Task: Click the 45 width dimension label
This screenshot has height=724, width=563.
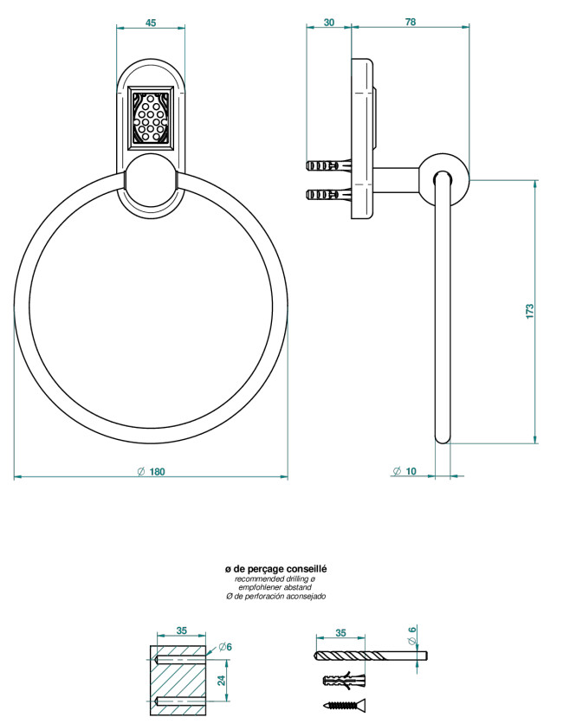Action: click(x=151, y=23)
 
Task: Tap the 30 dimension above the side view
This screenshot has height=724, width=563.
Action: click(x=329, y=23)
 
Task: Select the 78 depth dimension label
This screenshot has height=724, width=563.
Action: click(x=411, y=22)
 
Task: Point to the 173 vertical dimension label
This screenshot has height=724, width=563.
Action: click(x=529, y=311)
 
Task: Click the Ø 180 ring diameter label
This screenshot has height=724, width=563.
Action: click(x=151, y=471)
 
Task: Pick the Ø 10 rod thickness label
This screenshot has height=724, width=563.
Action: click(x=404, y=471)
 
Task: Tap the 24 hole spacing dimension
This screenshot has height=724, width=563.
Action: click(x=222, y=680)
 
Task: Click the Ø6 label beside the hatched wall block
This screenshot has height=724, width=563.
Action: click(x=225, y=647)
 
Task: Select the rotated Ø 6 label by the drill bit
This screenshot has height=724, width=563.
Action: click(x=412, y=636)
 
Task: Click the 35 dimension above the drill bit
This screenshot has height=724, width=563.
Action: click(x=340, y=633)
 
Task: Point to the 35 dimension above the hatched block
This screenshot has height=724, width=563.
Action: click(x=182, y=630)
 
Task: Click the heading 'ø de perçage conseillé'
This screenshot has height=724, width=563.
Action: click(x=275, y=569)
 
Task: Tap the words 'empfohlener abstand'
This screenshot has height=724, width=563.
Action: click(x=275, y=587)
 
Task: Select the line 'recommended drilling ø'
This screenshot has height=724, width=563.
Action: click(x=275, y=579)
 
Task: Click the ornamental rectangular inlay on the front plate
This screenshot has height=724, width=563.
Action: click(x=151, y=118)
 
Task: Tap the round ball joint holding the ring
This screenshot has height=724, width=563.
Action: click(x=151, y=180)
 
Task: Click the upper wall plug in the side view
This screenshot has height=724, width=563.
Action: click(x=329, y=165)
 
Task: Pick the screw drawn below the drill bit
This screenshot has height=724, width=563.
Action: click(x=345, y=705)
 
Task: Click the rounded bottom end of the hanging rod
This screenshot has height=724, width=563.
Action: click(x=443, y=437)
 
